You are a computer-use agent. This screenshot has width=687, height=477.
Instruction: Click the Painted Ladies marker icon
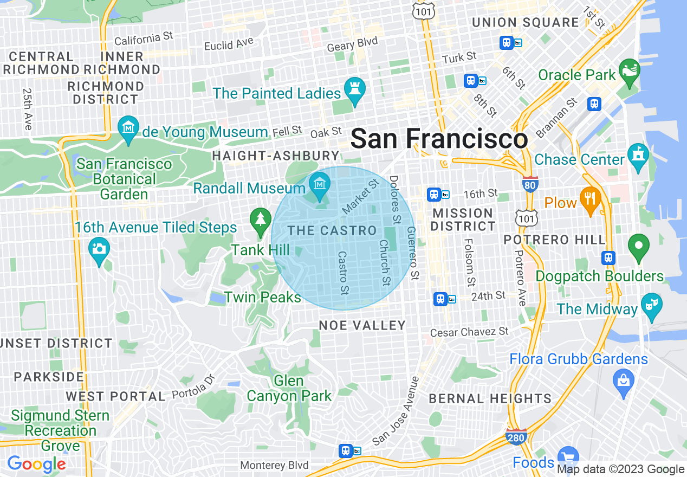click(355, 90)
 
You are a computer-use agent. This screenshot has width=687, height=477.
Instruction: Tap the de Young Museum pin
click(128, 129)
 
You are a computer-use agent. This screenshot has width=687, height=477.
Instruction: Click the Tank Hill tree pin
click(261, 220)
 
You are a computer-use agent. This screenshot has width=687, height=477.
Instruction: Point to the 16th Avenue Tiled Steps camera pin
click(99, 250)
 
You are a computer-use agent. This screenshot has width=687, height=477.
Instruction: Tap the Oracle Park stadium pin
click(630, 73)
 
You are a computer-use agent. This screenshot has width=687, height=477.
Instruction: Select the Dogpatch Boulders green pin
click(639, 247)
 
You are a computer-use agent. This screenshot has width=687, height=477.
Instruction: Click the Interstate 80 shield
click(530, 184)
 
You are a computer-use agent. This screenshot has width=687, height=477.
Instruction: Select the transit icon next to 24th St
click(441, 299)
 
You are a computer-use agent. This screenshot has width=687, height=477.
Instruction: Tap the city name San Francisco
click(439, 139)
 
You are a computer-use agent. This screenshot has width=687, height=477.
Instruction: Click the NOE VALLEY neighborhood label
click(362, 325)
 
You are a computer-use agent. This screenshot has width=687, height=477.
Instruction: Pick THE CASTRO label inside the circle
click(332, 230)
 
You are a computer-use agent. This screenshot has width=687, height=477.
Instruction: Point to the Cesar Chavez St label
click(469, 331)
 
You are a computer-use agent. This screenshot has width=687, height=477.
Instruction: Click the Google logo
click(36, 464)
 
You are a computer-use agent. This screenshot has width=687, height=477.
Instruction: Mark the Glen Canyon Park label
click(289, 388)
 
